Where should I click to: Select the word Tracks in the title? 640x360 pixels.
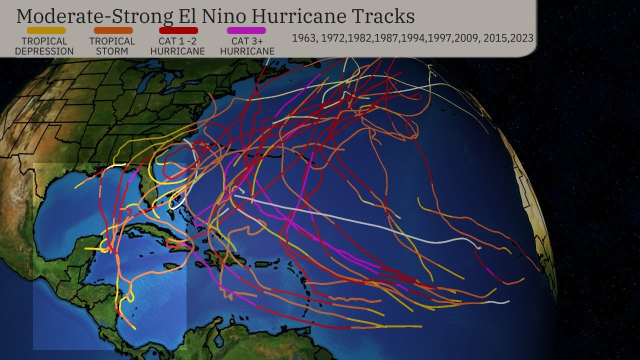click(384, 16)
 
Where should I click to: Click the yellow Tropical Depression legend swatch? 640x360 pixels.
click(46, 30)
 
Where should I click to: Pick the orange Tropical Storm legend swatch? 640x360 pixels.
click(113, 30)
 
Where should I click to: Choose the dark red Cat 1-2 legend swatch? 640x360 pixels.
click(178, 30)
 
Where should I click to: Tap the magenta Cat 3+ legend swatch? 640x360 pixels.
click(246, 30)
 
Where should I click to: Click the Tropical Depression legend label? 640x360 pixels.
click(44, 46)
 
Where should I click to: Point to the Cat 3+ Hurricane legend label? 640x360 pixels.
click(247, 46)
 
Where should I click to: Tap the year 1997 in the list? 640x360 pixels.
click(438, 38)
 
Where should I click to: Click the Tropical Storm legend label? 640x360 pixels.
click(112, 46)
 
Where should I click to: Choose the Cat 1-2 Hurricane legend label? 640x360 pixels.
click(177, 46)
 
